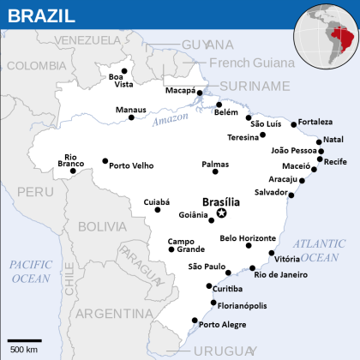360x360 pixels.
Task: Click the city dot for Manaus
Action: [131, 117]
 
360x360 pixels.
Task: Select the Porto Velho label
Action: [131, 165]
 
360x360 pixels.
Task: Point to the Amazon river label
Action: [170, 122]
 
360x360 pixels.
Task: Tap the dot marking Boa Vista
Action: [125, 71]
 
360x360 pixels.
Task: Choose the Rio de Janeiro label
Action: [279, 274]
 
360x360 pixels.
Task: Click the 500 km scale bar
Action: [25, 342]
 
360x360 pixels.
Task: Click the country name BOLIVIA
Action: [101, 226]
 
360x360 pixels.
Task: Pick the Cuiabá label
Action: [157, 201]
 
